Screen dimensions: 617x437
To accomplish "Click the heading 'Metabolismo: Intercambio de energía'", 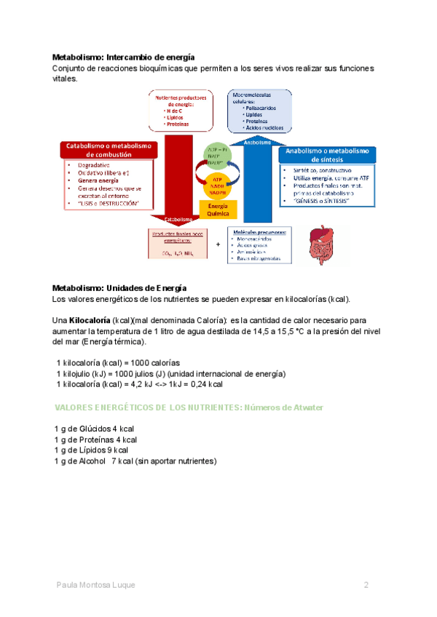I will [123, 56].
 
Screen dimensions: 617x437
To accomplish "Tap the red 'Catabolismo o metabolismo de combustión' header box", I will [107, 150].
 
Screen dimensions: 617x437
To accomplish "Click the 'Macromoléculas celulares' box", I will [260, 111].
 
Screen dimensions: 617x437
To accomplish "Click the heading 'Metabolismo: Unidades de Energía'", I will [119, 287].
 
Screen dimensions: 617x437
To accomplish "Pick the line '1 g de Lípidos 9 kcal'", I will [91, 450].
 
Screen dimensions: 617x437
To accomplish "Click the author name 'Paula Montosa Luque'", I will [95, 585].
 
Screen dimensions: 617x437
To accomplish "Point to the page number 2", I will [367, 585].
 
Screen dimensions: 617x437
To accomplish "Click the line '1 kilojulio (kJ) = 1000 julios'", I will [170, 373].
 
